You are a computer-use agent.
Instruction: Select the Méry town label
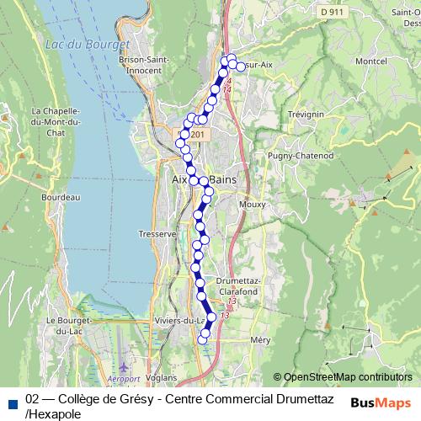(260, 339)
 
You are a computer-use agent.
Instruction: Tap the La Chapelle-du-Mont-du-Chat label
(55, 121)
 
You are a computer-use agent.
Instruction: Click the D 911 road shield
(333, 13)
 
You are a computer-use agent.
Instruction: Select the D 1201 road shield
(195, 136)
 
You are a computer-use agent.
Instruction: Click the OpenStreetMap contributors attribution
(348, 377)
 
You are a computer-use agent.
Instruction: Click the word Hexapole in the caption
(54, 413)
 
